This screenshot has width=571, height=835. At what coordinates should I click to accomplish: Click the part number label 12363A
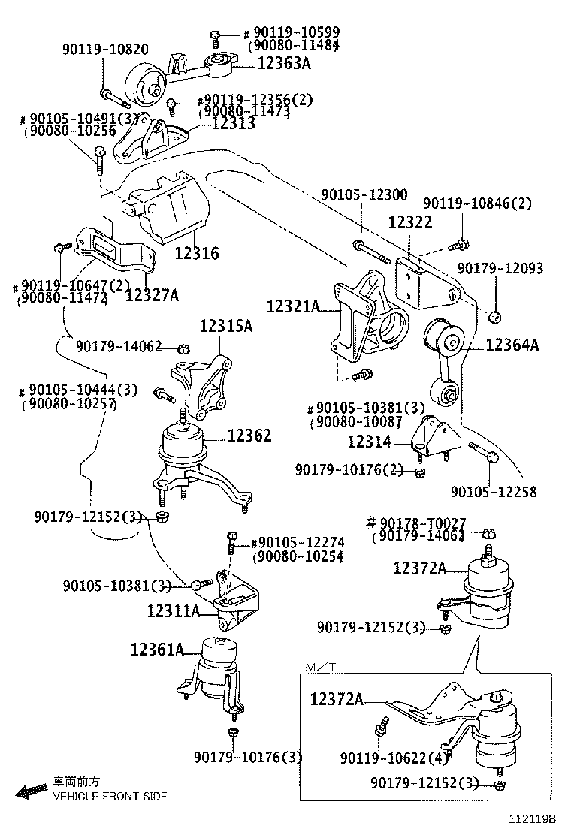coord(283,64)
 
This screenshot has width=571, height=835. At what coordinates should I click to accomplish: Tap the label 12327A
coord(152,296)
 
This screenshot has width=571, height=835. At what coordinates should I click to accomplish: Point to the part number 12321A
coord(292,306)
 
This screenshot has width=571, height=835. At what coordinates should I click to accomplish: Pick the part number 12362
coord(249,436)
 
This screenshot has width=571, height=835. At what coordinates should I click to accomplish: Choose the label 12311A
coord(173,611)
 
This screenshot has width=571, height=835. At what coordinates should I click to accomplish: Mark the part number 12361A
coord(157,649)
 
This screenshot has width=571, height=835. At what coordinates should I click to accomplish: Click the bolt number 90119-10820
coord(104,50)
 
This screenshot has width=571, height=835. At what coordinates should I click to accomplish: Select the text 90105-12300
coord(364,195)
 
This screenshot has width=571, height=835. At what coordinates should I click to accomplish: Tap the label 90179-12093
coord(500,268)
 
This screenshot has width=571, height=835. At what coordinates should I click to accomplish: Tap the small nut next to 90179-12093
coord(494,316)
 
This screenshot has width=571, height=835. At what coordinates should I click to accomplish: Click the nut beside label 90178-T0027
coord(486,533)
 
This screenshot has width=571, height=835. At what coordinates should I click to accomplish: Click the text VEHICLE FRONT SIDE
coord(109,796)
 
